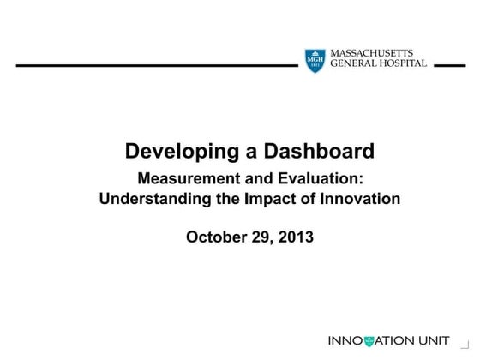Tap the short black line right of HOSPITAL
tap(450, 64)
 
